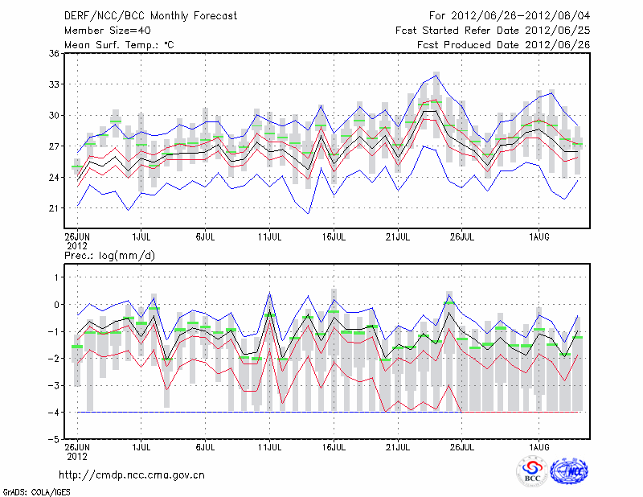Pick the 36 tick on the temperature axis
click(x=54, y=53)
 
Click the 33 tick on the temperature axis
click(x=54, y=84)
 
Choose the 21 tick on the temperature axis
click(x=54, y=207)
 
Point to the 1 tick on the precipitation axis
click(x=56, y=277)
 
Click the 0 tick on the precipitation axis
click(x=56, y=304)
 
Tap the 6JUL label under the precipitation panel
click(x=205, y=446)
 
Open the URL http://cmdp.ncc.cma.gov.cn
click(x=132, y=474)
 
